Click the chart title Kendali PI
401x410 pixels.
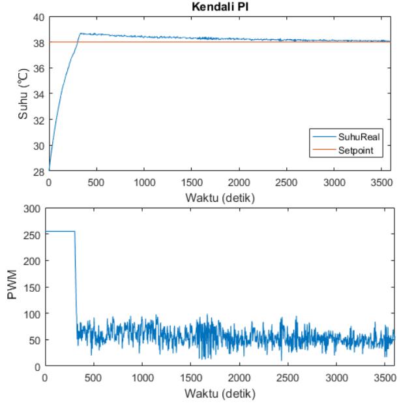[x=220, y=7]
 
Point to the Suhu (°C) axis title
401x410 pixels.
[x=23, y=93]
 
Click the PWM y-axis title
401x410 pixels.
[x=12, y=284]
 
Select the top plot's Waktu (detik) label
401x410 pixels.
[x=220, y=198]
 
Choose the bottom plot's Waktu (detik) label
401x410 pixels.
[x=220, y=393]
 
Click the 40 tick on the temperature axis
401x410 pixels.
[x=39, y=18]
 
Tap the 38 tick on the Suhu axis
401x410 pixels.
[x=39, y=43]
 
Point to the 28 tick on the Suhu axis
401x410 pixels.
[x=39, y=172]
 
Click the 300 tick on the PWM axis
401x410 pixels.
[x=32, y=209]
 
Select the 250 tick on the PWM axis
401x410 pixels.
[x=32, y=235]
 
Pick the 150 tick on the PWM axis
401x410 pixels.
[x=32, y=288]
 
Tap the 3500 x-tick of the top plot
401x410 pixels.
[x=381, y=183]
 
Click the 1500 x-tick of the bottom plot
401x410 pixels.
[x=191, y=378]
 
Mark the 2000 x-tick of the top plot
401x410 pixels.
[x=239, y=183]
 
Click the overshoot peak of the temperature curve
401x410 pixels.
[x=81, y=33]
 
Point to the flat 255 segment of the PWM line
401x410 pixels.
[x=60, y=231]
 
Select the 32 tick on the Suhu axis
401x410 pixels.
[x=39, y=121]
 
